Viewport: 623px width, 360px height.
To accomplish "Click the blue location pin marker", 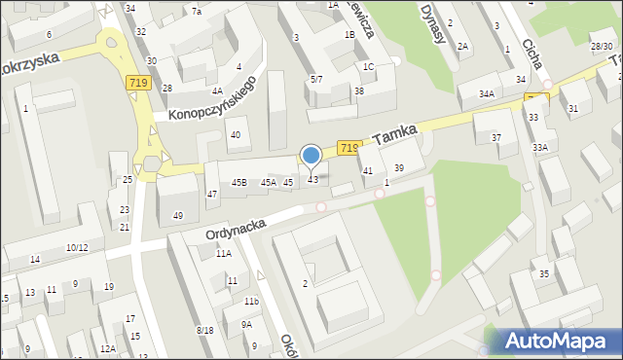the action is click(311, 156).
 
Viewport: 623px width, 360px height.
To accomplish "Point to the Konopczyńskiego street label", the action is click(211, 100).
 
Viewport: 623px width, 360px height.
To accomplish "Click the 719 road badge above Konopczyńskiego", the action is click(137, 86).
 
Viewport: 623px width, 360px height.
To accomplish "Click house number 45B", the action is click(238, 182).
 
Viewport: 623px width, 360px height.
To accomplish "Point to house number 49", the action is click(178, 215).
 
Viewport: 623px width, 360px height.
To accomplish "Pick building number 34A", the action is click(487, 93).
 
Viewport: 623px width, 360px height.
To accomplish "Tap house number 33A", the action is click(539, 147).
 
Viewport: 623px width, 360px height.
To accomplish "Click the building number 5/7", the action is click(316, 79).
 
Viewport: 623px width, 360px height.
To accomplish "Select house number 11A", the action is click(224, 253).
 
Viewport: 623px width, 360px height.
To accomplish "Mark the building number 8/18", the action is click(204, 331).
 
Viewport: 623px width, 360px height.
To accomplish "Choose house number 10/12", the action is click(77, 248).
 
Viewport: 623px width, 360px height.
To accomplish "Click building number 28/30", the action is click(602, 46).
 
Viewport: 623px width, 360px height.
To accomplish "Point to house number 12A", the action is click(107, 348).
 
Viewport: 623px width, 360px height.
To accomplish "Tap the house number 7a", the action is click(196, 11).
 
